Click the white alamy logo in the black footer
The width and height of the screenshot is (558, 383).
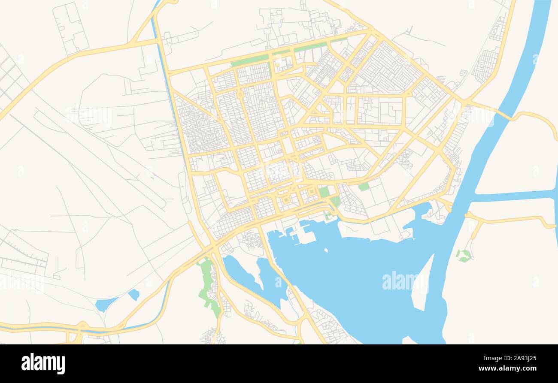43,364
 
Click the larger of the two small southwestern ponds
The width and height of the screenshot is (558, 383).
105,304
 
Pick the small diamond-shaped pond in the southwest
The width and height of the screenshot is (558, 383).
134,295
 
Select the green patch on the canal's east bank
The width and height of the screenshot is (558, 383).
464,256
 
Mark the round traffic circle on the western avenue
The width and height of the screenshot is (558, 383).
240,94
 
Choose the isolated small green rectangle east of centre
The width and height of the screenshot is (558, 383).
364,187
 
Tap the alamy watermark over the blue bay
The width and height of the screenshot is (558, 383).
404,281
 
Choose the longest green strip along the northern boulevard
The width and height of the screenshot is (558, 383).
249,60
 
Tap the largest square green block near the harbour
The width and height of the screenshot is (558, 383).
324,192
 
